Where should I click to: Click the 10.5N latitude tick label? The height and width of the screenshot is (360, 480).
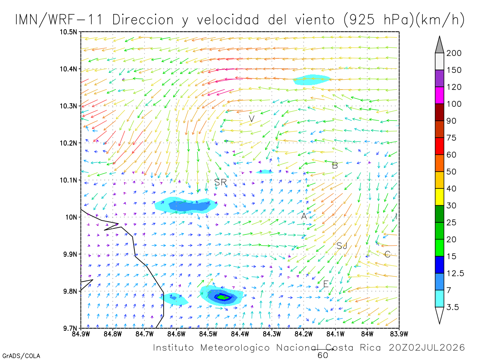(x=68, y=32)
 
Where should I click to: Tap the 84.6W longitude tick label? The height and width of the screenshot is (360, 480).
(x=176, y=334)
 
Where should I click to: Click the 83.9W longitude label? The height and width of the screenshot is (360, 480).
(x=399, y=334)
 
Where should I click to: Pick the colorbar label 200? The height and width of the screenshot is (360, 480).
(x=454, y=53)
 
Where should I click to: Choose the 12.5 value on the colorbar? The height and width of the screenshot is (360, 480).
(x=455, y=273)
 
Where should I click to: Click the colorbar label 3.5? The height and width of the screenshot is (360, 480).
(x=452, y=307)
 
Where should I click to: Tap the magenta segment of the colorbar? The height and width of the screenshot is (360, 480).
(x=439, y=95)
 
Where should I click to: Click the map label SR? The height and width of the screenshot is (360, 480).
(x=220, y=182)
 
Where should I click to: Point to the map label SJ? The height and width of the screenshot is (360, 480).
(x=342, y=246)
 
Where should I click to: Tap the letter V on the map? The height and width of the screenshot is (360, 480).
(x=252, y=119)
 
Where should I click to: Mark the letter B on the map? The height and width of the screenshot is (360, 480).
(x=335, y=166)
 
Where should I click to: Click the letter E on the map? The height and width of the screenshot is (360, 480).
(x=326, y=284)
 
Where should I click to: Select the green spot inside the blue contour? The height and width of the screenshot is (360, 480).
(x=223, y=297)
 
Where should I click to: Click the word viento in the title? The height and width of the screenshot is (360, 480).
(x=315, y=20)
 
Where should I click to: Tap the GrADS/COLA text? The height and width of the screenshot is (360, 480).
(x=21, y=356)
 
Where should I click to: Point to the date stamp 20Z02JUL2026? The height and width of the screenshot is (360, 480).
(x=427, y=348)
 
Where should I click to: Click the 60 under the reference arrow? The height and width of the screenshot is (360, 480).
(x=323, y=356)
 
